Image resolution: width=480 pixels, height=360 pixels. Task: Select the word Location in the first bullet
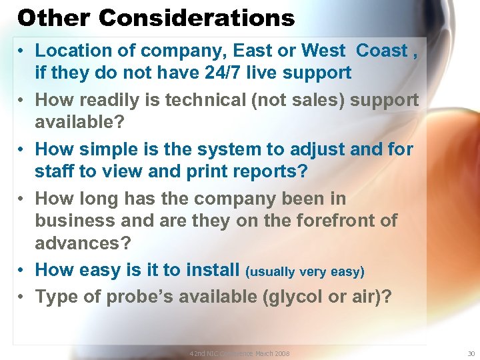(x=75, y=51)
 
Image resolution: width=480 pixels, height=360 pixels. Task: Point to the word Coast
(x=382, y=51)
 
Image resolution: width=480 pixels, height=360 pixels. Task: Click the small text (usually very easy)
(x=305, y=271)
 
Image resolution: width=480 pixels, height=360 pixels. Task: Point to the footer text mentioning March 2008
(x=239, y=353)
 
